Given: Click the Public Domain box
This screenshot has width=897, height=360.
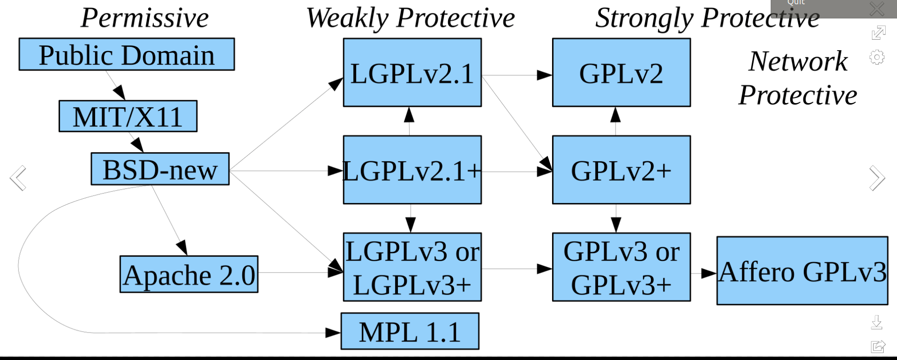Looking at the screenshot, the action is click(x=127, y=54).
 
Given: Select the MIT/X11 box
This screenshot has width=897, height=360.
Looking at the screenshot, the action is click(x=128, y=116).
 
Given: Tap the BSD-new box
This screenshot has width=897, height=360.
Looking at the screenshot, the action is click(x=160, y=169).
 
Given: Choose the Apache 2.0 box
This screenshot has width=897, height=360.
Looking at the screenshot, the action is click(x=189, y=274).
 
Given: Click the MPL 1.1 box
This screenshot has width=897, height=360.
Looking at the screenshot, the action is click(x=410, y=331).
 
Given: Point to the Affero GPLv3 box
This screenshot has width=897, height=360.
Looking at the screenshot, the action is click(x=802, y=271).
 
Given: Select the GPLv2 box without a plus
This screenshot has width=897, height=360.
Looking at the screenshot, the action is click(x=621, y=72).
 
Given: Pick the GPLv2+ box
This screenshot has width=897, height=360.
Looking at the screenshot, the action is click(x=621, y=170).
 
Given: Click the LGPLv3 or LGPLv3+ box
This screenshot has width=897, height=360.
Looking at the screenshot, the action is click(x=412, y=267).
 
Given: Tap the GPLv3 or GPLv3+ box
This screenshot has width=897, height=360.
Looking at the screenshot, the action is click(x=621, y=267).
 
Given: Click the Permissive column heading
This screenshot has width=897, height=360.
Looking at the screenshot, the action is click(x=145, y=18).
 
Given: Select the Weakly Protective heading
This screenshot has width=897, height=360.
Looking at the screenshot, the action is click(x=410, y=18).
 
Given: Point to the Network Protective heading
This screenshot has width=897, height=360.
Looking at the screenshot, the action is click(x=798, y=78).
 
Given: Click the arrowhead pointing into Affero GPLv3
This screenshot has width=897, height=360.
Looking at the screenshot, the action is click(x=709, y=273).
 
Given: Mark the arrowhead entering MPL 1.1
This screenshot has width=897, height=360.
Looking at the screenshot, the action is click(x=333, y=333).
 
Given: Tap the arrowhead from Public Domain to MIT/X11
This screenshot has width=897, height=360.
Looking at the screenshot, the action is click(x=120, y=93).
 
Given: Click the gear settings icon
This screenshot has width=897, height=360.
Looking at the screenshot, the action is click(x=877, y=57).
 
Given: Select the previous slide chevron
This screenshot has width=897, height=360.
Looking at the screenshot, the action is click(x=18, y=178).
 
